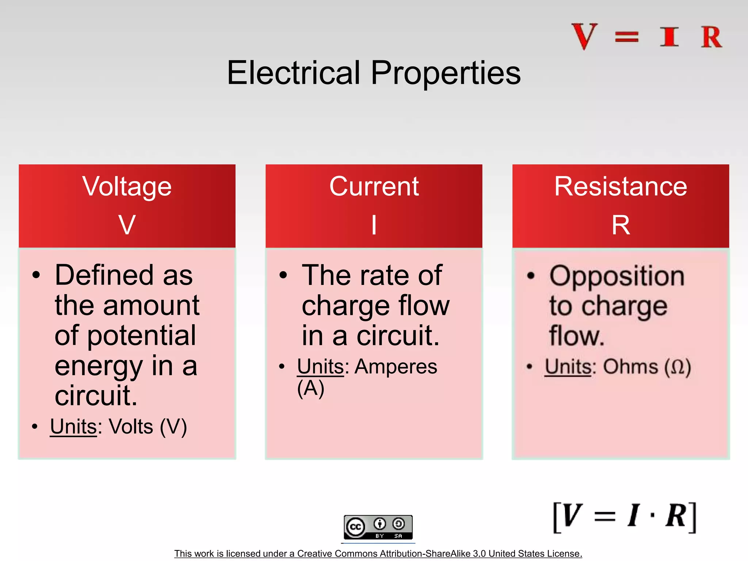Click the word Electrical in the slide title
pos(294,73)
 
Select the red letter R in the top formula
pos(711,37)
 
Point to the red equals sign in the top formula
pos(627,37)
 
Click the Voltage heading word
pos(127,187)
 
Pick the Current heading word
pos(374,187)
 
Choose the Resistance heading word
pos(621,187)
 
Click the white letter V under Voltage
pos(127,225)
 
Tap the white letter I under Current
pos(374,225)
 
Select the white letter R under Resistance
pos(621,225)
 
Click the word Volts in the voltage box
pos(131,426)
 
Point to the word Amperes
pos(396,366)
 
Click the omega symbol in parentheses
pos(678,367)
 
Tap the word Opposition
pos(617,276)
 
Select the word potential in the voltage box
pos(142,336)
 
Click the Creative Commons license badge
pos(378,527)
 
